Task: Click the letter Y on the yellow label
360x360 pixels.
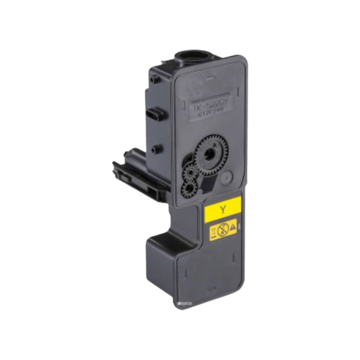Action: click(222, 210)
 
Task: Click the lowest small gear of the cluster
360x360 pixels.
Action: click(188, 187)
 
